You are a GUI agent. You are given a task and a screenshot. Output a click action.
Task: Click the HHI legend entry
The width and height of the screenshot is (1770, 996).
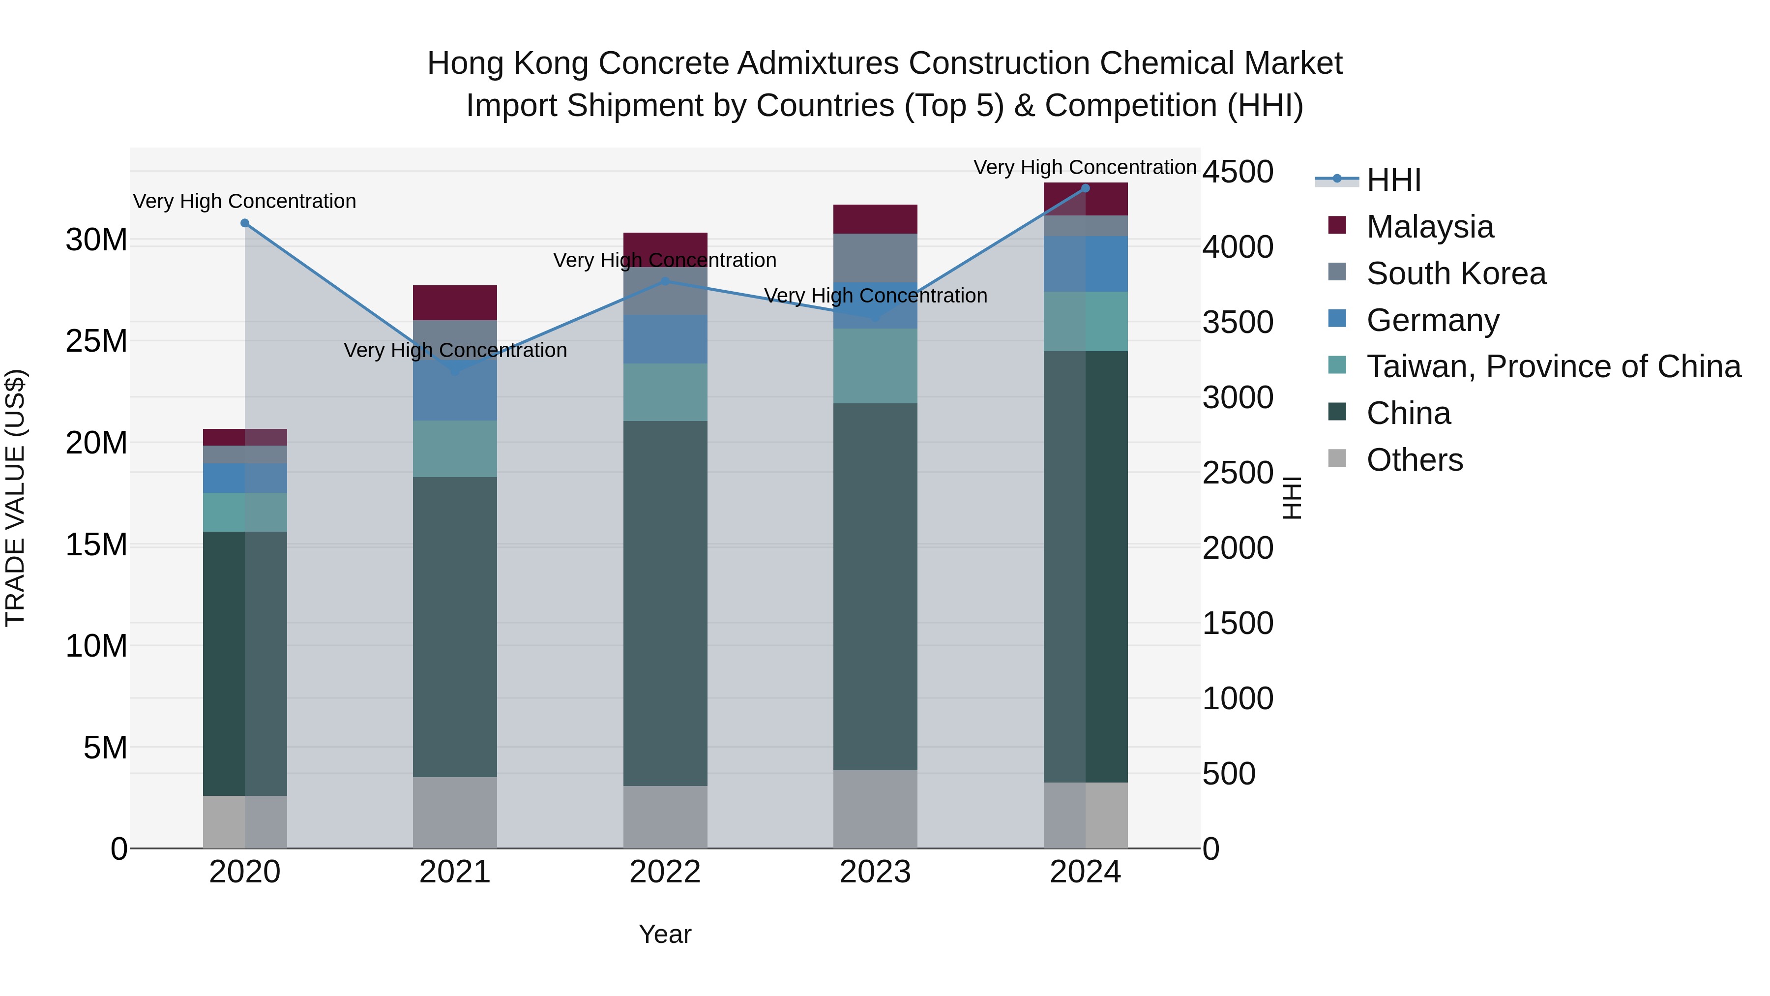click(x=1393, y=180)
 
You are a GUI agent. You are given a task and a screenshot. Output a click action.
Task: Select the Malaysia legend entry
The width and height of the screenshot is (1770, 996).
click(x=1429, y=227)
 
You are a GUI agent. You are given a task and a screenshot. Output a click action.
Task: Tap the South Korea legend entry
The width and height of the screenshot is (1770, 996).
click(x=1455, y=273)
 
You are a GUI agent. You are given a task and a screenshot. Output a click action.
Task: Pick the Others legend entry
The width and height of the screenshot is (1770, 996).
click(x=1414, y=460)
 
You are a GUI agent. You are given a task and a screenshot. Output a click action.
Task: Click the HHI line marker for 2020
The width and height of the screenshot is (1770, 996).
click(x=245, y=223)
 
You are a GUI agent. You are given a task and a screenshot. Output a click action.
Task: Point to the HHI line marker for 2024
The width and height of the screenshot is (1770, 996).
click(x=1086, y=188)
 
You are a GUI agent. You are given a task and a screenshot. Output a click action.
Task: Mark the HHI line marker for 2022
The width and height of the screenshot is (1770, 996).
click(x=664, y=281)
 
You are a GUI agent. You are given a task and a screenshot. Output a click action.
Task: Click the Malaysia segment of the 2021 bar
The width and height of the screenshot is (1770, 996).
click(x=455, y=302)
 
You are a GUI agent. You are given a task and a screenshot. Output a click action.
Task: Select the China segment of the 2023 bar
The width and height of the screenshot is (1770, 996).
click(x=875, y=586)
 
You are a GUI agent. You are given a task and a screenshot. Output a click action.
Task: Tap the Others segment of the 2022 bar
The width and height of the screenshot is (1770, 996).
click(x=664, y=816)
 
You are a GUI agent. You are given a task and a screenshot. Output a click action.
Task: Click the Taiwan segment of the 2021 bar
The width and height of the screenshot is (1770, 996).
click(x=455, y=449)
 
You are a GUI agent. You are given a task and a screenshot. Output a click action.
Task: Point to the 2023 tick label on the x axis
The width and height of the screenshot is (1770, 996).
click(x=875, y=872)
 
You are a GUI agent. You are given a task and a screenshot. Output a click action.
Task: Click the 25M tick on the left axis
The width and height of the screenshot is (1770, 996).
click(x=96, y=341)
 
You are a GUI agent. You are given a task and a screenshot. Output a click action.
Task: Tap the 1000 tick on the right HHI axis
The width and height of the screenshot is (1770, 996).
click(x=1238, y=698)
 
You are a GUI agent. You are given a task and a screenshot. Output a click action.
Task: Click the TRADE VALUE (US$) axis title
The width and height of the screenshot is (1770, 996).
click(x=15, y=498)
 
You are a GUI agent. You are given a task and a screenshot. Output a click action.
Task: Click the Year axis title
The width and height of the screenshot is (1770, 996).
click(x=664, y=934)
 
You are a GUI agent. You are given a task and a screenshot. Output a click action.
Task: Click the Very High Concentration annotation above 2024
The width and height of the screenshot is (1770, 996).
click(x=1085, y=167)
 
